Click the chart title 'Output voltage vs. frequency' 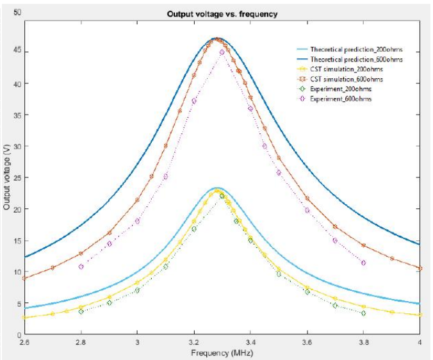point(222,14)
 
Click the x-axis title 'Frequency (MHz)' point(222,352)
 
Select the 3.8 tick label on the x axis point(364,342)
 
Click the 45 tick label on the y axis point(17,52)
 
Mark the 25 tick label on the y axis point(17,177)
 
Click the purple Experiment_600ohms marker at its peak point(222,52)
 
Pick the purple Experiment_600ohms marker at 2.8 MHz point(81,266)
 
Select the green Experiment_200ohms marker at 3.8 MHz point(364,313)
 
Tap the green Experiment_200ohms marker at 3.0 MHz point(138,290)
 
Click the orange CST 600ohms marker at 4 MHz point(420,268)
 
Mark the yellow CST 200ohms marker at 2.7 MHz point(53,314)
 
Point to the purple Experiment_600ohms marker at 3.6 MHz point(307,210)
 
